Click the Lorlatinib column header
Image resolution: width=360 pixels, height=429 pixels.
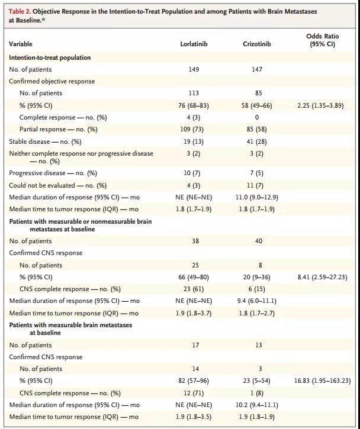194,44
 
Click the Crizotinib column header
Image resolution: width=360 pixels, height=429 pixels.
257,44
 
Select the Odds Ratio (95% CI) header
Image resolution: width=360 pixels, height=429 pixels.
323,40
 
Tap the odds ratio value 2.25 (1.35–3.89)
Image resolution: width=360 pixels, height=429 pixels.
323,105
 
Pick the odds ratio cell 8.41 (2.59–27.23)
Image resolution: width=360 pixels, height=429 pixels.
323,277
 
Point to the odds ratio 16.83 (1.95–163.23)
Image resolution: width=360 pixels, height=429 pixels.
323,381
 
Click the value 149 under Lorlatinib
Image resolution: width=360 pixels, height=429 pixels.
194,69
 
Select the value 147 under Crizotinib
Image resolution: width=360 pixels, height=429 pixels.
257,69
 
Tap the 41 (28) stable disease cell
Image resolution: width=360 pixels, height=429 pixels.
257,141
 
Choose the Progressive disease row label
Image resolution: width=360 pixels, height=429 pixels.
53,173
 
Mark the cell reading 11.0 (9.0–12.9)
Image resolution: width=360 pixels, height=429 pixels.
257,197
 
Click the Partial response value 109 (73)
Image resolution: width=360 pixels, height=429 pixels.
194,129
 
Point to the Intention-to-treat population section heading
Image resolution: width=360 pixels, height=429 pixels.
50,57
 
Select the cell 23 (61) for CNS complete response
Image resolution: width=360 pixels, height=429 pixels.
194,289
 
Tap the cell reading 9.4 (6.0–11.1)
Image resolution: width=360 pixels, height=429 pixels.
257,301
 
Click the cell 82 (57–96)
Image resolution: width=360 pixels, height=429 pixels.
194,381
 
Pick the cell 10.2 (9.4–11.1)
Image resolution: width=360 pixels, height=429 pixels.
257,405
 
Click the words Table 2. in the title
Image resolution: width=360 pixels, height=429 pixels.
20,11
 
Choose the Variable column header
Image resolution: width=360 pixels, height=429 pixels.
21,44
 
